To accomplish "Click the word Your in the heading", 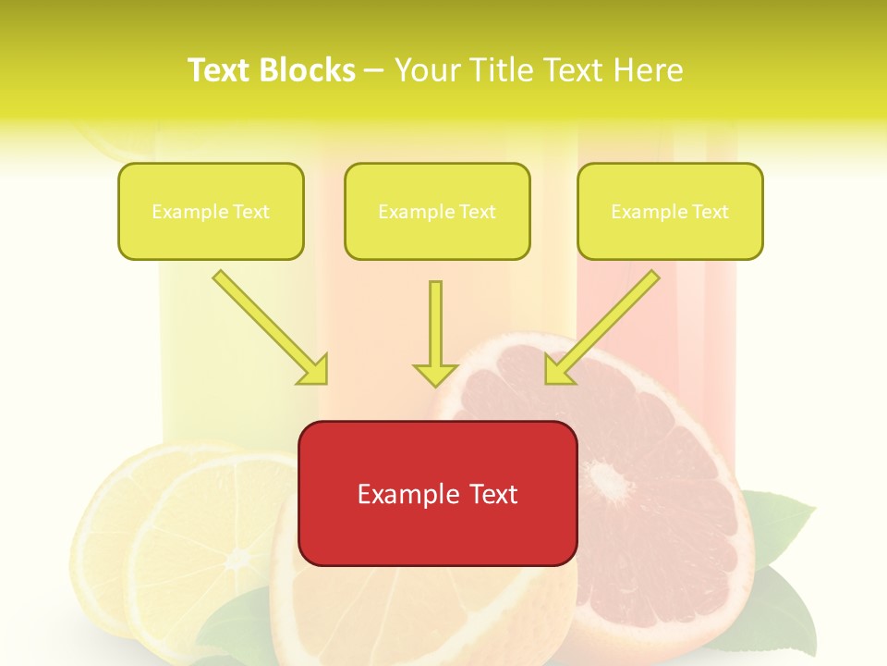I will (424, 70).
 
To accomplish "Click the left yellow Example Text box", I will (211, 212).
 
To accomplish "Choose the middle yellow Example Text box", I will (437, 212).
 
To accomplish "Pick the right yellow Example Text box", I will (670, 212).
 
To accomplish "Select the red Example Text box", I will (437, 494).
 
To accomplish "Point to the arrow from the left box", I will (268, 326).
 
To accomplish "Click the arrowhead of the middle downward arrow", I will (435, 374).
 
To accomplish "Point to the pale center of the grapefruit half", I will (608, 480).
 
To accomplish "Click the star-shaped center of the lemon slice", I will (237, 558).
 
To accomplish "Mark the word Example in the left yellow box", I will (180, 212).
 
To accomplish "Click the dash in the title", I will (375, 70).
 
